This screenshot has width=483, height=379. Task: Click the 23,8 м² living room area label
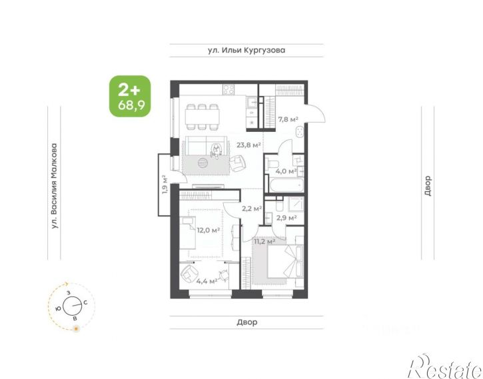point(248,145)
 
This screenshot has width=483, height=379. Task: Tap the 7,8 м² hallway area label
point(288,119)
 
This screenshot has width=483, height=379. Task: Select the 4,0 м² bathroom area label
point(286,171)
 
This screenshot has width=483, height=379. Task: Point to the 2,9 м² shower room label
point(286,218)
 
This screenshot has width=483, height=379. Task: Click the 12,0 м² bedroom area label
point(209,230)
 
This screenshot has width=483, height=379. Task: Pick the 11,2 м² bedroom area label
point(264,241)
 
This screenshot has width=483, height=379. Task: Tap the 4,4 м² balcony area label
point(207,281)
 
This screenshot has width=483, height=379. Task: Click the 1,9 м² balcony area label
point(165,184)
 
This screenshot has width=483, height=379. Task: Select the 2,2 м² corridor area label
point(252,208)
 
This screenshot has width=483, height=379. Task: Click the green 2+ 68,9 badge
point(131,96)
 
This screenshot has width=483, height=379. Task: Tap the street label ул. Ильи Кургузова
point(246,50)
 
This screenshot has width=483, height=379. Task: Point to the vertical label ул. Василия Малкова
point(55,186)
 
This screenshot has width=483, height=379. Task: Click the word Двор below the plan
point(247,322)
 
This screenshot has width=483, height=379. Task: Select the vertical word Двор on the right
point(428,186)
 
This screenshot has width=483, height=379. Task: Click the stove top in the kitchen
point(229,90)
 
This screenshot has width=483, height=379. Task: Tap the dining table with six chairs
point(203,117)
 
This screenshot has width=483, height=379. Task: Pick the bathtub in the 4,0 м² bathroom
point(286,185)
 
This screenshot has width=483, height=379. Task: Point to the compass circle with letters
point(72,306)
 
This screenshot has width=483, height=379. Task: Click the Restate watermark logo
point(445,367)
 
